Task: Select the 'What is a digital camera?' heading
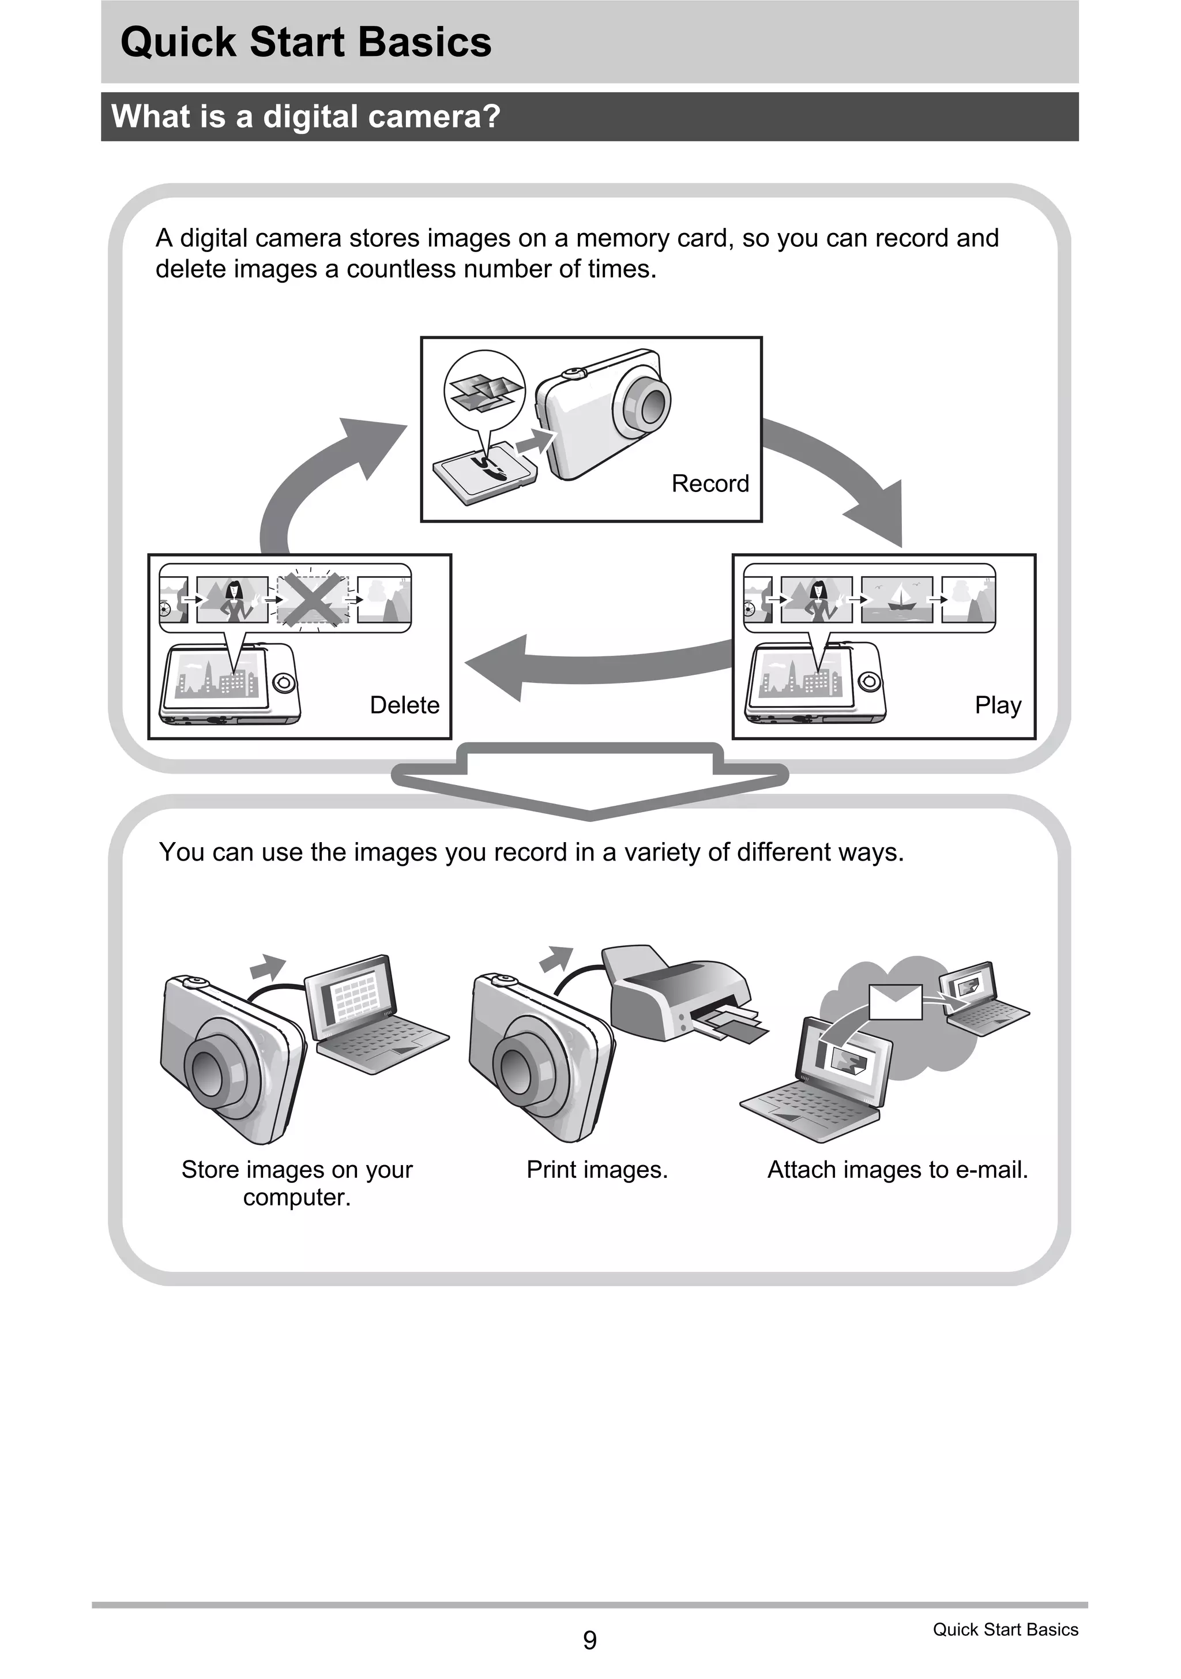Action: point(306,117)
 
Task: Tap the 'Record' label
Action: point(710,483)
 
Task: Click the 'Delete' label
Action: point(404,705)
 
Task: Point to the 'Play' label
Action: point(998,705)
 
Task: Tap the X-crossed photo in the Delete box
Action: point(312,600)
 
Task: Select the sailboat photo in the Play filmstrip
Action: point(897,599)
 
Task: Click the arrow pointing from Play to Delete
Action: point(585,664)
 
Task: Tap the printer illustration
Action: point(676,994)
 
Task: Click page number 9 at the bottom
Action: point(589,1640)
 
